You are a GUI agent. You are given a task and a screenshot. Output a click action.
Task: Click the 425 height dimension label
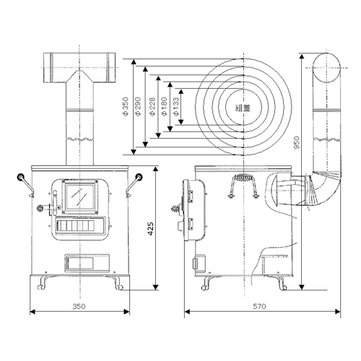[150, 229]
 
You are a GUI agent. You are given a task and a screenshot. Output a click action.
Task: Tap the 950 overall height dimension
[297, 142]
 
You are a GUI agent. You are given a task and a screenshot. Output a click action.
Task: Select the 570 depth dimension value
[260, 306]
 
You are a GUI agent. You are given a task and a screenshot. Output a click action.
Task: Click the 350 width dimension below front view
[79, 306]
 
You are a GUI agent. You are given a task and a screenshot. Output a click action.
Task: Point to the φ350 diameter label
[126, 106]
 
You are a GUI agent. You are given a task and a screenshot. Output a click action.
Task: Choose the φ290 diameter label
[138, 106]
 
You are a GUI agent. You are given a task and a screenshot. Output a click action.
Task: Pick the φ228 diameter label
[152, 106]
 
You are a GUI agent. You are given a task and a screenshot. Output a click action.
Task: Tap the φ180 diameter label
[165, 106]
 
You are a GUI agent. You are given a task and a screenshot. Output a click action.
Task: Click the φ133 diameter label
[176, 106]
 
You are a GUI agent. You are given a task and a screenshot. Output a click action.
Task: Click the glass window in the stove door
[80, 196]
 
